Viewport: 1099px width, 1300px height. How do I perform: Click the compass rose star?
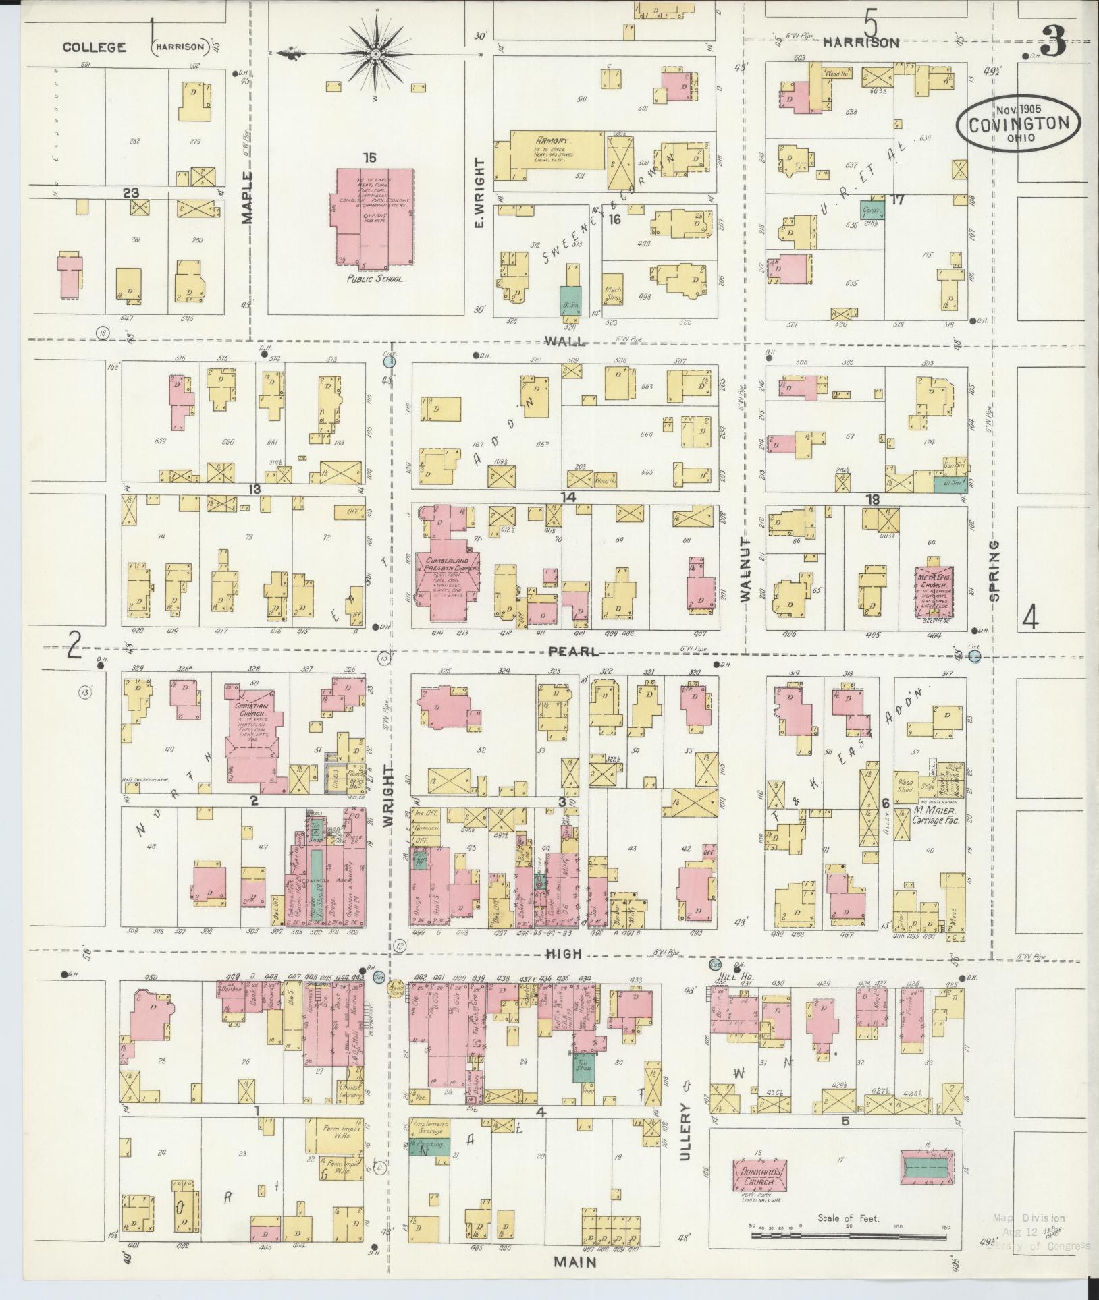click(376, 53)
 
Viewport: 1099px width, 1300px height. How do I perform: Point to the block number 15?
click(369, 158)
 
